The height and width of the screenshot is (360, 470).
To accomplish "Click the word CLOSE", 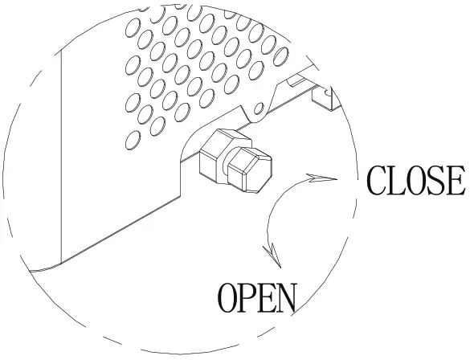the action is tap(415, 181).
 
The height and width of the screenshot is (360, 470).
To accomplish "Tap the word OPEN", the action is tap(257, 298).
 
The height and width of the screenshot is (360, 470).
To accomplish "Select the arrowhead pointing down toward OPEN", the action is tap(273, 255).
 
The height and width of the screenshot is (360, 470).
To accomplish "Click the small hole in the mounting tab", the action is tap(259, 108).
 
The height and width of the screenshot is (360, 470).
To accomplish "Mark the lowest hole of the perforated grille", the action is tap(133, 141).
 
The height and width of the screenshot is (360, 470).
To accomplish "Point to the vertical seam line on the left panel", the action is tap(61, 156).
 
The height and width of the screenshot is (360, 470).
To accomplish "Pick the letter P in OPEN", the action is tap(247, 298).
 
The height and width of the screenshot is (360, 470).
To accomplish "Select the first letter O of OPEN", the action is tap(227, 298).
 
